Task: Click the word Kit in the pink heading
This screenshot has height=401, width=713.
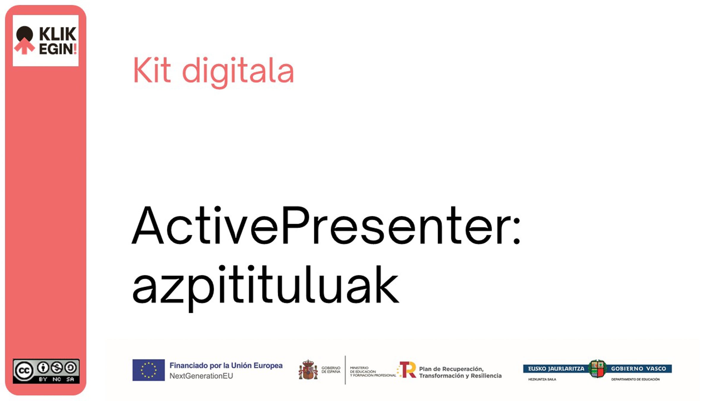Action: (x=152, y=70)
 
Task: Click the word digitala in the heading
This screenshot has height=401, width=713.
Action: (x=238, y=72)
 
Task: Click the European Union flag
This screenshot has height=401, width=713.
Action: (x=149, y=370)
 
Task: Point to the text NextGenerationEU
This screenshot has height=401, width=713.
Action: (x=201, y=376)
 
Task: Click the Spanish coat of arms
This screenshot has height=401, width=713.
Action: (x=308, y=370)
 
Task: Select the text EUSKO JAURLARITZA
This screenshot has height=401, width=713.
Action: (x=556, y=369)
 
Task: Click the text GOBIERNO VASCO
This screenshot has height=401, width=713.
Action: (x=638, y=369)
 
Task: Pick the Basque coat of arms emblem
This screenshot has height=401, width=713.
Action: (x=597, y=369)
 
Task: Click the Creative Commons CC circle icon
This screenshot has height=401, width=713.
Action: (x=24, y=371)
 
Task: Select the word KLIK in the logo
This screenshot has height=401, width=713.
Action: (x=58, y=34)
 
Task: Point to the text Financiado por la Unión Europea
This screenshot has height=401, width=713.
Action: (x=226, y=366)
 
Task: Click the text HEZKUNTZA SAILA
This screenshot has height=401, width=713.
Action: (x=542, y=379)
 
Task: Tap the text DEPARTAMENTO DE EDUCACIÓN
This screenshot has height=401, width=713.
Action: (x=635, y=379)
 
